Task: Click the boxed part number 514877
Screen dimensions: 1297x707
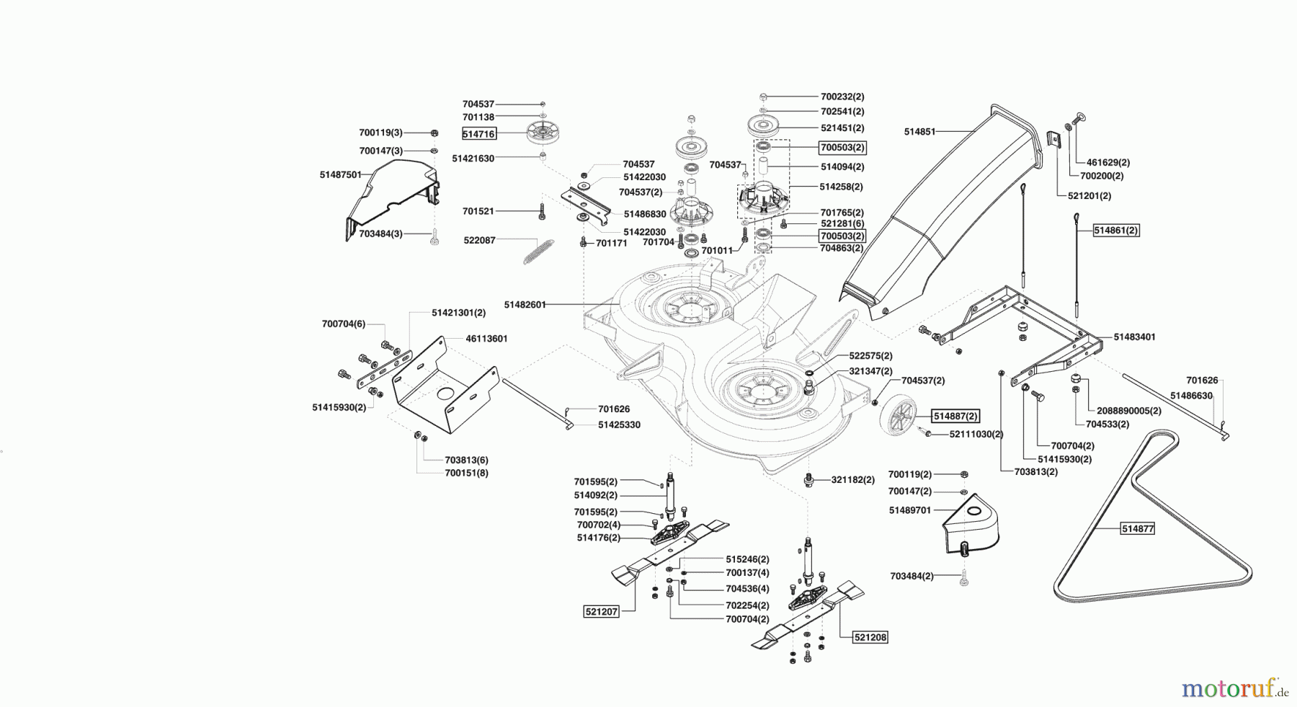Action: click(x=1138, y=528)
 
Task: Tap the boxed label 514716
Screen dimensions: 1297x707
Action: click(x=479, y=133)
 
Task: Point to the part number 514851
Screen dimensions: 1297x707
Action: click(x=919, y=132)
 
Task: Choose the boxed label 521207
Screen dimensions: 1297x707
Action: click(x=601, y=612)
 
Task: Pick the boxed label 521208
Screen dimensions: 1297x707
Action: click(x=870, y=637)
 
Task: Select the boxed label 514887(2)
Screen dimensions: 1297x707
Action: click(x=955, y=416)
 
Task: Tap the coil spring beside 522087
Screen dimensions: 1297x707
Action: click(x=532, y=252)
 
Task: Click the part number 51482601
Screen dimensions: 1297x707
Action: click(x=525, y=305)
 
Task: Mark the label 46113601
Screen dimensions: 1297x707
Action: click(x=486, y=338)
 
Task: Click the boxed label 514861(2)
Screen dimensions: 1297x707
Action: click(x=1116, y=230)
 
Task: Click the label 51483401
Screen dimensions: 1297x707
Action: click(x=1134, y=337)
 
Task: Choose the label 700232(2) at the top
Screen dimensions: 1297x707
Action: click(x=842, y=97)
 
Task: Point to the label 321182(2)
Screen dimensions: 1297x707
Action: click(x=852, y=479)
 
